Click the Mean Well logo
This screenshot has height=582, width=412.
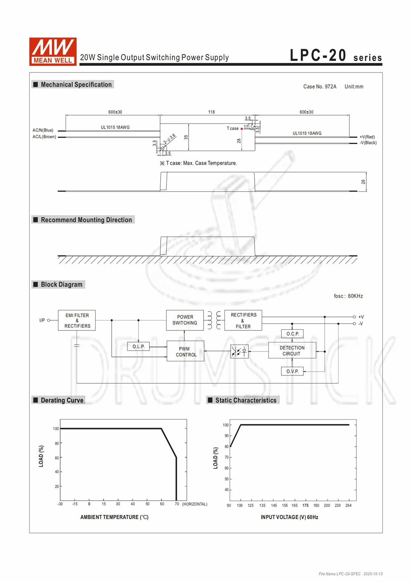[53, 51]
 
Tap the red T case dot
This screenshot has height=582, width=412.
[242, 129]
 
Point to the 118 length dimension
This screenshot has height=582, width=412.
[211, 112]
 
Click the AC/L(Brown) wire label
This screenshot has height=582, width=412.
[44, 137]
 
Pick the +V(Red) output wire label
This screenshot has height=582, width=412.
[367, 137]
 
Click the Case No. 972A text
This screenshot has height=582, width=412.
[320, 86]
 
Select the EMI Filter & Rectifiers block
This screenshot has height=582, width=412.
[77, 321]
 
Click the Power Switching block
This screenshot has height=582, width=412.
[185, 320]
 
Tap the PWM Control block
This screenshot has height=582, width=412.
[185, 352]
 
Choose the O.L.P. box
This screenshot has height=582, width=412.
[138, 347]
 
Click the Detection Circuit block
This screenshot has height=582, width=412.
[292, 351]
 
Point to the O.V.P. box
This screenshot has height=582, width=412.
[293, 371]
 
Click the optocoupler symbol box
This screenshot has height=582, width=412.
[239, 351]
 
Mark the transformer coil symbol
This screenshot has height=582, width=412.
[214, 320]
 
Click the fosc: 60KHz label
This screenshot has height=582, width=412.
[348, 296]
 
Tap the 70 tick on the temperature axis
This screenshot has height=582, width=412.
[177, 504]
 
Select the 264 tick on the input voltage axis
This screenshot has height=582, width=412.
[349, 505]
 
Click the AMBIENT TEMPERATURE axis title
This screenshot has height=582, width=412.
[114, 517]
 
